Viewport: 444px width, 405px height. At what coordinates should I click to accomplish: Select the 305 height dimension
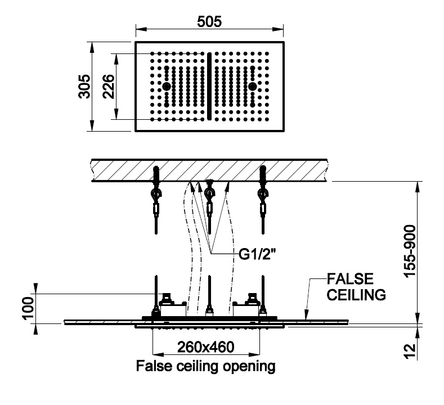tap(84, 86)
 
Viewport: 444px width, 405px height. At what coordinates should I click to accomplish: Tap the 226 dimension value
tap(109, 86)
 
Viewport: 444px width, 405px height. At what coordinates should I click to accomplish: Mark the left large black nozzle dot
tap(167, 86)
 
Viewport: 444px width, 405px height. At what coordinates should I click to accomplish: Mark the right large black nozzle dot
tap(253, 86)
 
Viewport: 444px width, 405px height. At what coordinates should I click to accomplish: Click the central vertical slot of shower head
tap(209, 86)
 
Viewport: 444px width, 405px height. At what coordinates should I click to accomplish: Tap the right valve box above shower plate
tap(248, 307)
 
